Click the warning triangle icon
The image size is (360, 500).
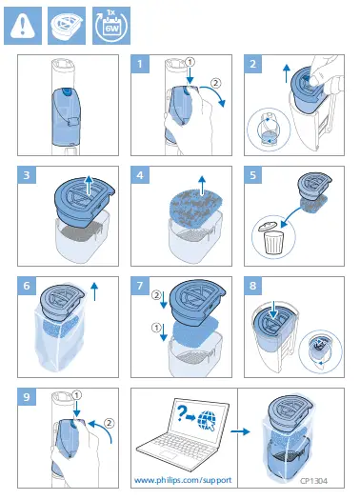pos(23,26)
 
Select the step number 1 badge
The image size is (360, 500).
pos(140,64)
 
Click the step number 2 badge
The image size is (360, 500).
pos(253,64)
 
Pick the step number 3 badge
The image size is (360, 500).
pos(27,174)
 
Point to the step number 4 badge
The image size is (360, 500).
pos(140,174)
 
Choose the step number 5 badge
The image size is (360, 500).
pos(253,174)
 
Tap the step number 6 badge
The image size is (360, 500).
pos(27,286)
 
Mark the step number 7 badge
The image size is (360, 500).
pos(140,286)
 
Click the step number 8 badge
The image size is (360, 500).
pos(253,286)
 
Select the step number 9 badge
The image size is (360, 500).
pos(27,397)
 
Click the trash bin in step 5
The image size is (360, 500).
pos(272,240)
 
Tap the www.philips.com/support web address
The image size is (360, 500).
pos(183,480)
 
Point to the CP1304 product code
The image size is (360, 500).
pos(313,481)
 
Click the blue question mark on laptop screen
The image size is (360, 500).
pos(181,413)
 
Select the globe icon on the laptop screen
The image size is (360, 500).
pos(207,420)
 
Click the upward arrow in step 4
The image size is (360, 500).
pos(202,185)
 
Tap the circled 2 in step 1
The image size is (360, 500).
pos(216,83)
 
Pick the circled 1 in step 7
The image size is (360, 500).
pos(156,328)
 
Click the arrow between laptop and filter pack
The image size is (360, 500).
pos(240,431)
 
